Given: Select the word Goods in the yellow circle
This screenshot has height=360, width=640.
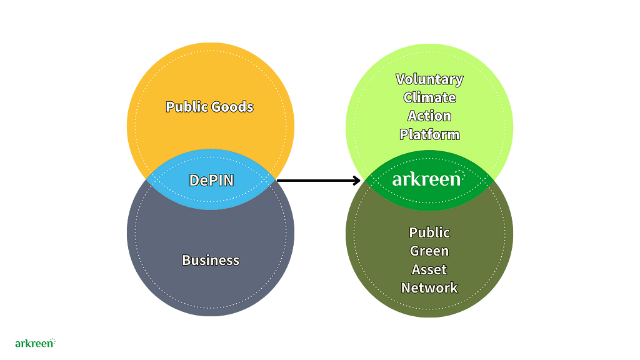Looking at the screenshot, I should pyautogui.click(x=231, y=107).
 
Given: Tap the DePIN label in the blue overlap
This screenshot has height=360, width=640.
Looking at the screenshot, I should pyautogui.click(x=211, y=180).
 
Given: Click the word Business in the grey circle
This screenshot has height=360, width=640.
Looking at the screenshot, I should pyautogui.click(x=211, y=260).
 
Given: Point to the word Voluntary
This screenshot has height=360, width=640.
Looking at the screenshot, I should pyautogui.click(x=429, y=79).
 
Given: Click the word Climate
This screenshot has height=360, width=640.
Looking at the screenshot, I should pyautogui.click(x=429, y=97).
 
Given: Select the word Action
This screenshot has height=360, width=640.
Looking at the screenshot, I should pyautogui.click(x=429, y=116).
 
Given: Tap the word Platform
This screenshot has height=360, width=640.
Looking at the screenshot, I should pyautogui.click(x=429, y=134).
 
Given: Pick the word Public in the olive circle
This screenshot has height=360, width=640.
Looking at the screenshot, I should pyautogui.click(x=429, y=232).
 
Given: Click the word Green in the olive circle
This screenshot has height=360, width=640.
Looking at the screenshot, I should pyautogui.click(x=429, y=251).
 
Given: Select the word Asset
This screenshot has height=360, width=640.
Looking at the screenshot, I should pyautogui.click(x=429, y=269).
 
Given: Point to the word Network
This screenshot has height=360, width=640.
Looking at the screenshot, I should pyautogui.click(x=429, y=287).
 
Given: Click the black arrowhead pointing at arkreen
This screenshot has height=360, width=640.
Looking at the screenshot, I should pyautogui.click(x=358, y=181).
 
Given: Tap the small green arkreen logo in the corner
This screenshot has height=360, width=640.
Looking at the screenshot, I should pyautogui.click(x=34, y=343).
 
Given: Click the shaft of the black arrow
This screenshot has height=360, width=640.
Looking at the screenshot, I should pyautogui.click(x=316, y=181).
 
